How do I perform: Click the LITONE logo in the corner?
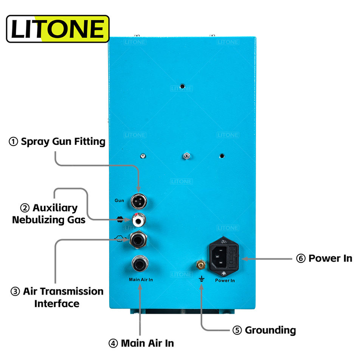coord(58,29)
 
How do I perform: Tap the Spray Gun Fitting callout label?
coord(57,142)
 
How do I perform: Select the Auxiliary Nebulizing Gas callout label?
coord(49,214)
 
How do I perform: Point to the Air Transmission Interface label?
coord(57,297)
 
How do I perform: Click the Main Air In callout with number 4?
coord(141,343)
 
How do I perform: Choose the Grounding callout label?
coord(264,330)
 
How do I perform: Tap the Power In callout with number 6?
coord(324,259)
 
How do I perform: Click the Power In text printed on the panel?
coord(225,281)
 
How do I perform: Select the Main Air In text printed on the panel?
coord(141,280)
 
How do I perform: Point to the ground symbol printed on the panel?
coord(202,279)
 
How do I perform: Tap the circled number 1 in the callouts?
coord(14,142)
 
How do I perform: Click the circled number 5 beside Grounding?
coord(237,330)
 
